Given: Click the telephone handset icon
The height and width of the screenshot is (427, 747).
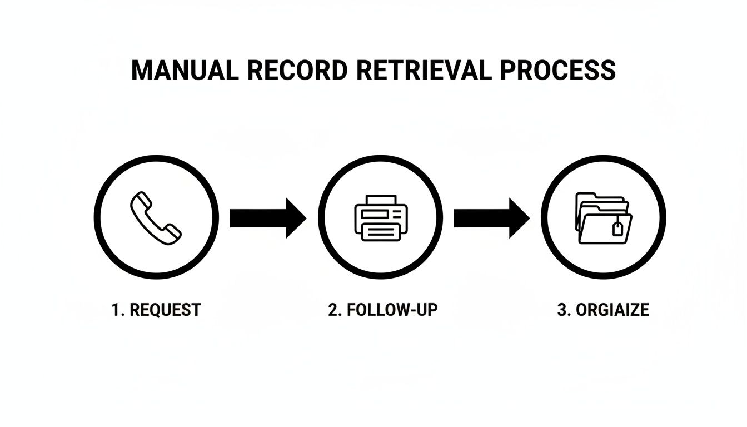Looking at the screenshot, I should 156,218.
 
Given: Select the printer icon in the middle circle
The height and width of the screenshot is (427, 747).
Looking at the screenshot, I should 381,218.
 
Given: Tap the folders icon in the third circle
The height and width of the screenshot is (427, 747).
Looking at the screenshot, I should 604,218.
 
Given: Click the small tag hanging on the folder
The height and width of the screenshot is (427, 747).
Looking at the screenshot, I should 616,227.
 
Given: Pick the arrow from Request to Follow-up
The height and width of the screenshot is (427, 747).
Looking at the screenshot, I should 267,218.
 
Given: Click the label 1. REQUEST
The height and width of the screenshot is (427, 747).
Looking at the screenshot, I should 156,310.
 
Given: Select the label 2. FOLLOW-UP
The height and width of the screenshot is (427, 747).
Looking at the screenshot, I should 382,310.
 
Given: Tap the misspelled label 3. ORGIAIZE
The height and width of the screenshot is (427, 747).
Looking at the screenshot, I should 602,310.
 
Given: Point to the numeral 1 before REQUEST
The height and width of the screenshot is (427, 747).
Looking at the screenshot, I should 116,310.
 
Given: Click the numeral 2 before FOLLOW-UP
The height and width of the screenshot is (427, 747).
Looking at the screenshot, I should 333,310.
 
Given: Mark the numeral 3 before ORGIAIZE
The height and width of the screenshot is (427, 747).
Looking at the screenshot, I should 561,310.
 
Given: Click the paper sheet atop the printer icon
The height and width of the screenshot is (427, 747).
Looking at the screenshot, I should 381,200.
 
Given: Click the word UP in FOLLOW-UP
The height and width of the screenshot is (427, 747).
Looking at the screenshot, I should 426,310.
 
